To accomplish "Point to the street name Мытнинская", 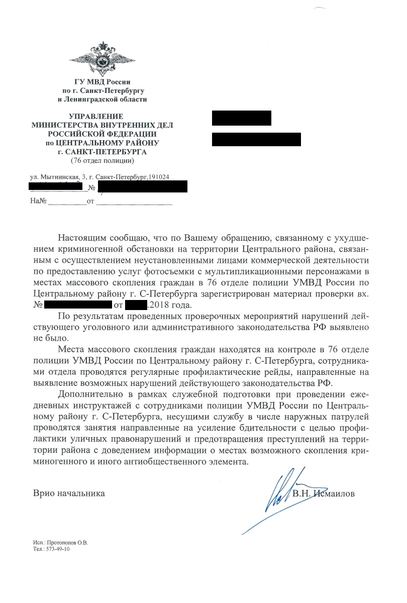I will [x=58, y=178].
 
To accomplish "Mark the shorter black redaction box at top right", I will [x=241, y=118].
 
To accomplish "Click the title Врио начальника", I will [x=69, y=494].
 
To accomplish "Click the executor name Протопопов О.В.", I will [x=67, y=543].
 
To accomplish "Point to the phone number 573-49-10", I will [x=57, y=549].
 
